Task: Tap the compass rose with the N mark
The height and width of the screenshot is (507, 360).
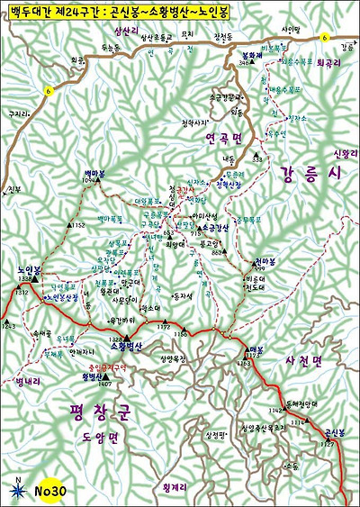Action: coord(18,489)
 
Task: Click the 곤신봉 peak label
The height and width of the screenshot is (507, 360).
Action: coord(334,431)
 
